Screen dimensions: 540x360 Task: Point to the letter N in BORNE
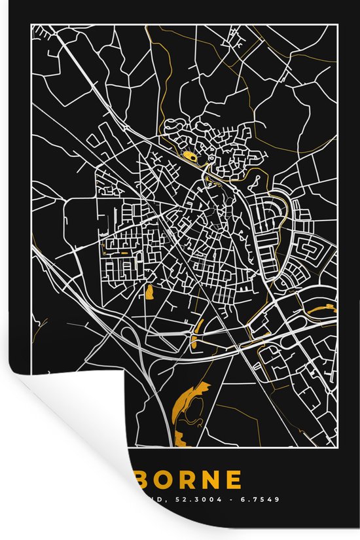point(219,480)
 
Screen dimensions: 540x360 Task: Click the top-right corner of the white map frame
point(338,24)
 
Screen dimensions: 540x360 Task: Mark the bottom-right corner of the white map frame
point(338,452)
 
